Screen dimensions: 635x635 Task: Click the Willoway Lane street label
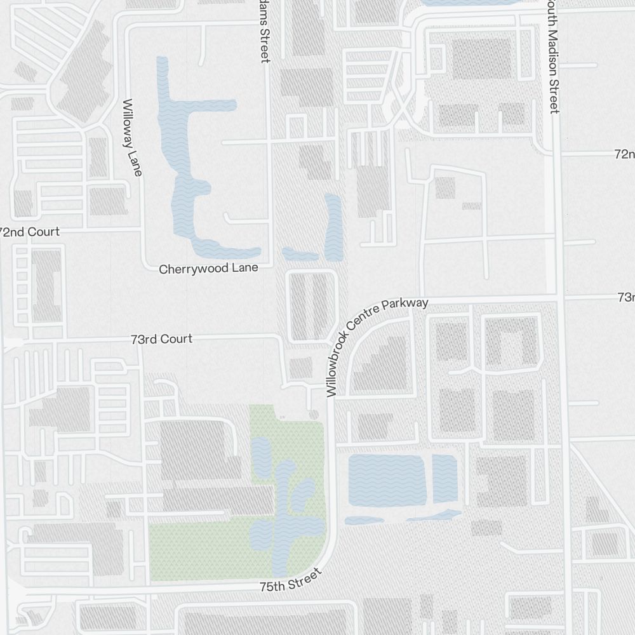tap(133, 137)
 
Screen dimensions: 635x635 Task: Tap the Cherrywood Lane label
tap(208, 269)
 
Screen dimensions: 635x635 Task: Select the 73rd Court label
tap(162, 339)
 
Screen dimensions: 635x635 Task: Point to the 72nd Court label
tap(29, 232)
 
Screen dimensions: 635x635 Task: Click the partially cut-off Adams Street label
tap(264, 32)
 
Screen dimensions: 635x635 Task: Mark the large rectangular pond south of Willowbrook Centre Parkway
tap(386, 479)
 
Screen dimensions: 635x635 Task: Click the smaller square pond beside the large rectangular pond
tap(445, 478)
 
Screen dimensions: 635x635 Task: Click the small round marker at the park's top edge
tap(313, 415)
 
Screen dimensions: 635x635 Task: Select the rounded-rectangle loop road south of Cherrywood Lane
tap(312, 305)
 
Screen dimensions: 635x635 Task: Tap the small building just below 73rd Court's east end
tap(300, 368)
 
